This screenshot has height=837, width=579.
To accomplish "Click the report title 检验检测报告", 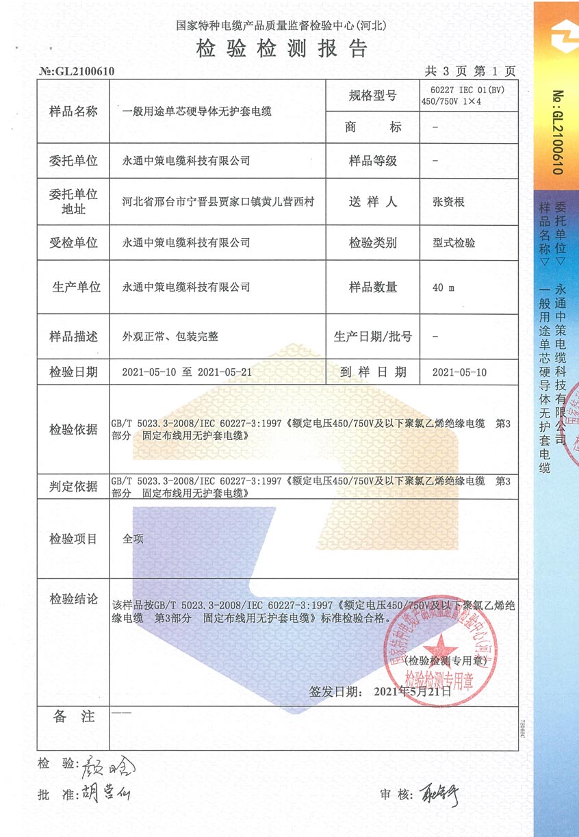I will coord(282,49).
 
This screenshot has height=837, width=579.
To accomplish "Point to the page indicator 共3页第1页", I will coord(470,70).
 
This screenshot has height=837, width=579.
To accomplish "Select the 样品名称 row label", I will coord(73,112).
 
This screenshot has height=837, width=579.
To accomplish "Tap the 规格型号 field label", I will coord(372,96).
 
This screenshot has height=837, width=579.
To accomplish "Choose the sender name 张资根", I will coord(449,202).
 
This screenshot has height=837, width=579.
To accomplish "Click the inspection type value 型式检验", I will coord(454,243).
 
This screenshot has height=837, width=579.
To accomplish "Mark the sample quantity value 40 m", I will coord(443,287).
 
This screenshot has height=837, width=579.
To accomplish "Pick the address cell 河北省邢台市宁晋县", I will coord(218,202).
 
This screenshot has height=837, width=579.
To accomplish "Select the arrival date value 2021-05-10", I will coord(459,372).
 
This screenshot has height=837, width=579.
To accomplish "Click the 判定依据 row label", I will coord(73,487).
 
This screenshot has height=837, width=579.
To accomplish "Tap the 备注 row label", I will coord(73,717).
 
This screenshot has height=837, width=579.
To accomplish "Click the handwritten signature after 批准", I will coord(106,793).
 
